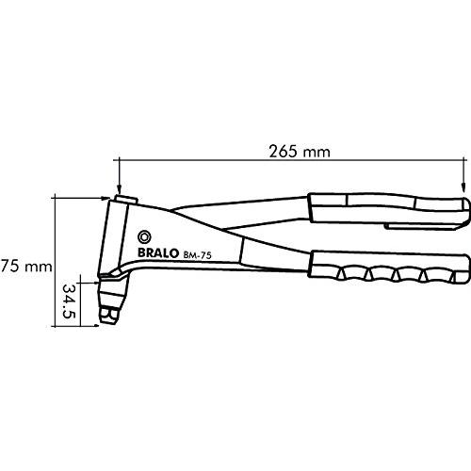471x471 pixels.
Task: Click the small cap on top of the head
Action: click(121, 199)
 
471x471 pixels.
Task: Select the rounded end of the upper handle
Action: click(463, 209)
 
